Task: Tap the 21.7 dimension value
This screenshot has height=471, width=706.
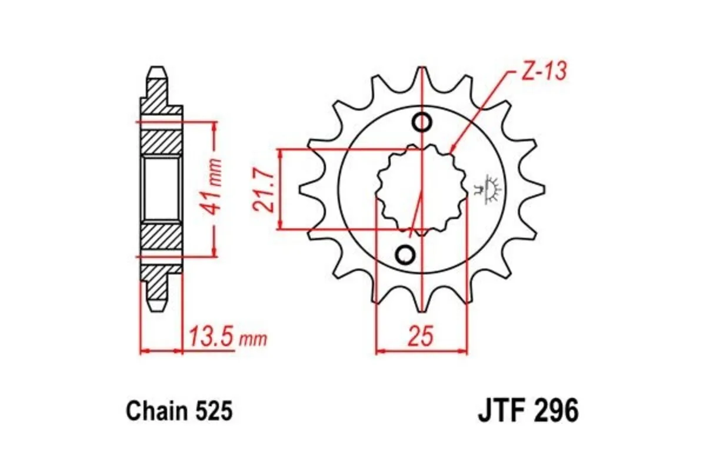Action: pyautogui.click(x=262, y=188)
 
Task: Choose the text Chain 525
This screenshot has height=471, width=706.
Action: pyautogui.click(x=179, y=410)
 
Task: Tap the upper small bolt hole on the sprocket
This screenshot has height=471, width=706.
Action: pyautogui.click(x=422, y=122)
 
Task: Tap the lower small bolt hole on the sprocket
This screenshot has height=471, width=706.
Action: pyautogui.click(x=405, y=254)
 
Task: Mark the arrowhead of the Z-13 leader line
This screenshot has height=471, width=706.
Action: pyautogui.click(x=452, y=152)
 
